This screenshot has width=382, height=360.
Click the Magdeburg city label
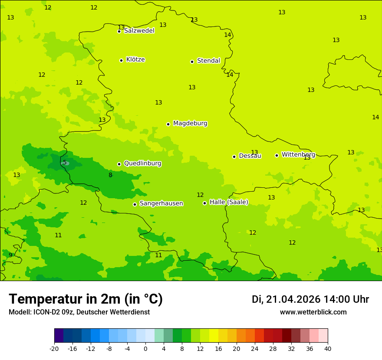[190, 124]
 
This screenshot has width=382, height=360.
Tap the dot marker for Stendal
[192, 62]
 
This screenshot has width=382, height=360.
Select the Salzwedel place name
[139, 31]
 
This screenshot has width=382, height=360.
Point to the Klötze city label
[135, 59]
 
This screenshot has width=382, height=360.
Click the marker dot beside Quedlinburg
[119, 164]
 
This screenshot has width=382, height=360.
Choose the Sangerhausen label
[161, 203]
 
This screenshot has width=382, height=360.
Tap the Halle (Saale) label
[229, 202]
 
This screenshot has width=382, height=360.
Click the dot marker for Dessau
[234, 157]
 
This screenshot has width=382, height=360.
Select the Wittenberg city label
[298, 154]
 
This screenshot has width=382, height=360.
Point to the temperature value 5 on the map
[65, 163]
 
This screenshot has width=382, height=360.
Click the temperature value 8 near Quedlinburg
[110, 175]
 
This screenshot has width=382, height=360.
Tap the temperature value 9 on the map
[10, 255]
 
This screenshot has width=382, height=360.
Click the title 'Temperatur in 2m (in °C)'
[86, 299]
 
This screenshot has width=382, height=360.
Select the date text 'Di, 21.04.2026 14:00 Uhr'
[310, 299]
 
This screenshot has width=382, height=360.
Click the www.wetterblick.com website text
[313, 312]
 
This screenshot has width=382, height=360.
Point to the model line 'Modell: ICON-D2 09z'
[79, 312]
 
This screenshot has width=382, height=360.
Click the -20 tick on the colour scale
[54, 348]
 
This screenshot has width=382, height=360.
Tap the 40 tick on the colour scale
[327, 348]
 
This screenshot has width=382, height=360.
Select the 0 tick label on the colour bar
[145, 348]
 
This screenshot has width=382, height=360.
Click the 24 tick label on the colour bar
[254, 348]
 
